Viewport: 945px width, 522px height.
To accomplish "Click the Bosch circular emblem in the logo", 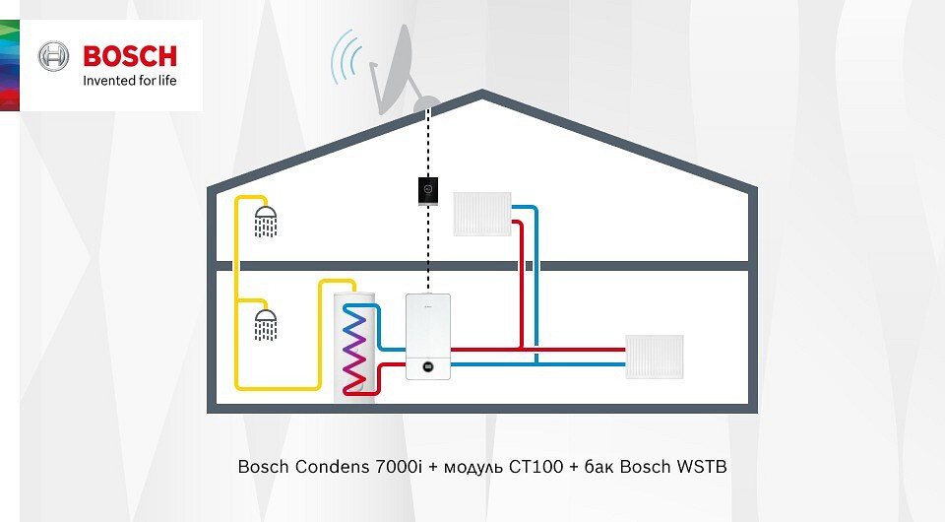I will (x=53, y=56).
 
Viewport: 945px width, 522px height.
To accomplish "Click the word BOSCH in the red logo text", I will (x=130, y=55).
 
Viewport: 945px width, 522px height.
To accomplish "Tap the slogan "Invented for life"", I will (x=129, y=80).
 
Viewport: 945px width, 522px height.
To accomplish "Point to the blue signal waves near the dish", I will (x=346, y=55).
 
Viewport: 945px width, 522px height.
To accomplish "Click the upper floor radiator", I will (x=481, y=214).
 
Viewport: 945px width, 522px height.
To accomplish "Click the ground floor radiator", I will (x=655, y=357).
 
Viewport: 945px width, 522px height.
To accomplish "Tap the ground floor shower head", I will (x=265, y=324).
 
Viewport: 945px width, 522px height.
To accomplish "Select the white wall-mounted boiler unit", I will (x=428, y=336).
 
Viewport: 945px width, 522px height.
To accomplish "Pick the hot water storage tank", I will (x=356, y=345).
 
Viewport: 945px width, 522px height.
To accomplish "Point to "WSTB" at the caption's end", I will (x=701, y=466).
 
